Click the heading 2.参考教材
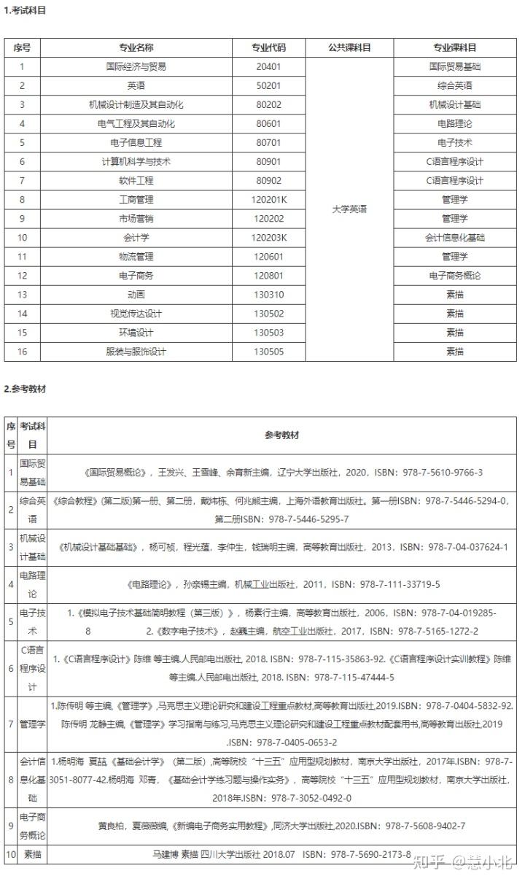(x=25, y=389)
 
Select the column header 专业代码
(x=268, y=47)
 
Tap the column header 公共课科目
(x=349, y=47)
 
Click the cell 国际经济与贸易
(x=136, y=66)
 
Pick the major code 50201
(x=268, y=85)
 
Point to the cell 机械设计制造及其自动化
(x=136, y=104)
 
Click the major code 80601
(x=268, y=123)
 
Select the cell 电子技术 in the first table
(x=454, y=142)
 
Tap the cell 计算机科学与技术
(x=136, y=161)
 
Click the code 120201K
(x=268, y=199)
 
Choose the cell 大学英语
(x=349, y=209)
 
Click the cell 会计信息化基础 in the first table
(x=454, y=237)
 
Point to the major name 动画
(x=136, y=295)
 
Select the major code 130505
(x=268, y=352)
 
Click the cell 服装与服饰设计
(x=136, y=352)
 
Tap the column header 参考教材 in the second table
(x=281, y=435)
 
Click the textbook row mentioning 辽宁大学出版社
(x=281, y=473)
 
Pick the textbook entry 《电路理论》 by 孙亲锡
(x=281, y=584)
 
